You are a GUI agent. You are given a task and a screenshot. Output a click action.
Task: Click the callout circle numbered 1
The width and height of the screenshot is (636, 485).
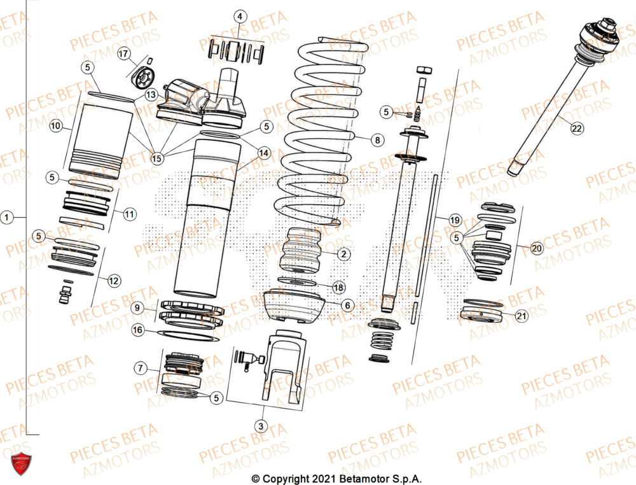[7, 218]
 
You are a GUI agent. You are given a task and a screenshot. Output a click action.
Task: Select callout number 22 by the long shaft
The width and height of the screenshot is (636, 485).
[576, 129]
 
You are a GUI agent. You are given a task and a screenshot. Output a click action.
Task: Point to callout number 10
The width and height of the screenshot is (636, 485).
[56, 127]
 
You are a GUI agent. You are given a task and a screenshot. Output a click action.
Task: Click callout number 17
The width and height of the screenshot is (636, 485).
[123, 55]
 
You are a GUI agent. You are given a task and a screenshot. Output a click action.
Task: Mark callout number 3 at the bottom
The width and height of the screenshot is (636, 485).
[260, 425]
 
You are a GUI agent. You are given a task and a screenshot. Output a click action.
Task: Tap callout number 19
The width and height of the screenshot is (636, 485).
[454, 220]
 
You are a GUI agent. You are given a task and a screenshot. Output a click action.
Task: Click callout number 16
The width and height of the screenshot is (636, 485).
[138, 330]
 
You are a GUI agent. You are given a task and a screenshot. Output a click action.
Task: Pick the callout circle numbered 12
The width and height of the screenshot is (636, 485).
[113, 280]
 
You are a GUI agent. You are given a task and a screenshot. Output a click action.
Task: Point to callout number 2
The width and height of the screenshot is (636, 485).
[343, 255]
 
